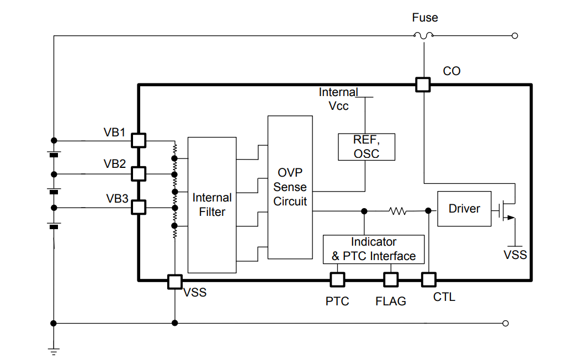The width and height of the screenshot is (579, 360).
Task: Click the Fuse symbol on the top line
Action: point(423,36)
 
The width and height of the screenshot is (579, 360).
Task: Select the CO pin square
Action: point(423,84)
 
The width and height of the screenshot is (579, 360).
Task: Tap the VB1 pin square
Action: point(138,140)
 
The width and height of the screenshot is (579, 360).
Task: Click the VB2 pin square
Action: point(138,174)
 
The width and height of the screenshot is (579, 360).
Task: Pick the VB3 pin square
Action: point(138,208)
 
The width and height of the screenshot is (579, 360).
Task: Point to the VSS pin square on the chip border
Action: point(174,281)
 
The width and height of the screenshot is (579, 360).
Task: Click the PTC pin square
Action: point(337,280)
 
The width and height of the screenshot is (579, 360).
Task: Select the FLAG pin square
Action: point(391,280)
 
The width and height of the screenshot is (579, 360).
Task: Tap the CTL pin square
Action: point(429,280)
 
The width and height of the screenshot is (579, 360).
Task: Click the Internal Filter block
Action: point(212,204)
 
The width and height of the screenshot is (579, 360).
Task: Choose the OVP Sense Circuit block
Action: point(290,188)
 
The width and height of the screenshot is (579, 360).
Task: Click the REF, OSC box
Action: point(366,147)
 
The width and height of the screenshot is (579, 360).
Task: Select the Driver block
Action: point(464,209)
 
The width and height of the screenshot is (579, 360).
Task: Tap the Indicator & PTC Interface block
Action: point(374,249)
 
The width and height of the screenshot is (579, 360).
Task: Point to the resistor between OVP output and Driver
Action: point(397,210)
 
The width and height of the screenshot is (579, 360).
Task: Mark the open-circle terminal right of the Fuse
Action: point(515,36)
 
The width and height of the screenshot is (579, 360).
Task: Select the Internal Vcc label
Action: point(338,99)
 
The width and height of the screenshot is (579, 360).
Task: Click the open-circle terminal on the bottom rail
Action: point(505,324)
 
